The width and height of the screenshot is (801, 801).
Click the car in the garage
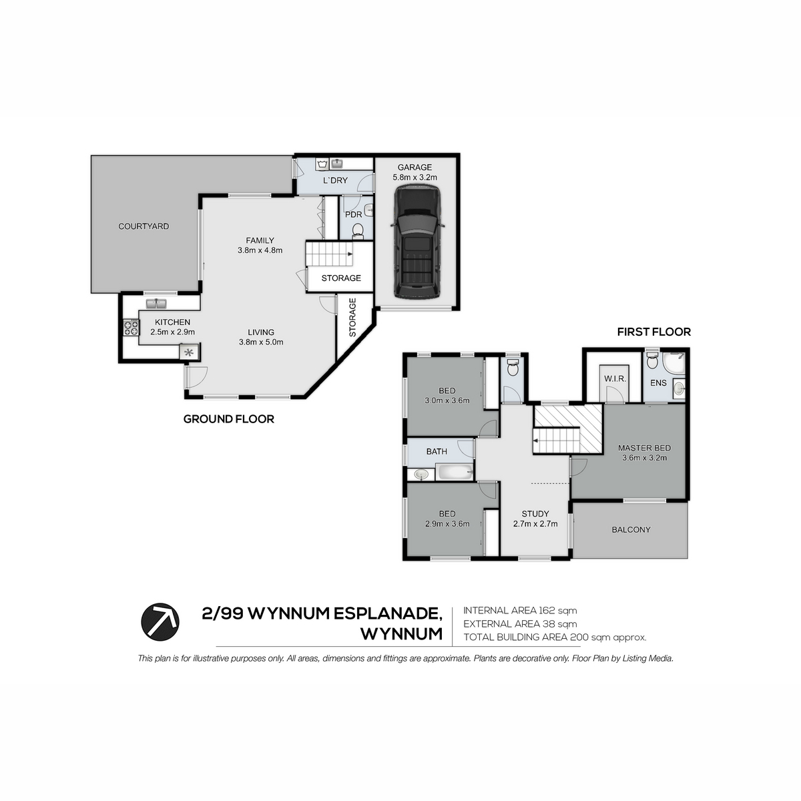pyautogui.click(x=417, y=242)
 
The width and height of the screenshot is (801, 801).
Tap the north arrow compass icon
pyautogui.click(x=160, y=621)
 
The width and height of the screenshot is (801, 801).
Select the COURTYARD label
pyautogui.click(x=144, y=226)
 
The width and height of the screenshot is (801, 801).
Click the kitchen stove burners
pyautogui.click(x=131, y=328)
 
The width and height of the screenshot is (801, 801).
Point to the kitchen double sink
pyautogui.click(x=156, y=304)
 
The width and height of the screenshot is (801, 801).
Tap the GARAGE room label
pyautogui.click(x=415, y=167)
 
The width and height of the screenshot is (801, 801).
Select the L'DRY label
pyautogui.click(x=335, y=180)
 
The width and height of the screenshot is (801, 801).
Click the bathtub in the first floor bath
pyautogui.click(x=455, y=473)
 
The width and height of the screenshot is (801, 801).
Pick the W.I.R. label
pyautogui.click(x=615, y=378)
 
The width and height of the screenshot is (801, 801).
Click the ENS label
pyautogui.click(x=658, y=382)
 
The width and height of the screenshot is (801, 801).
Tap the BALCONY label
pyautogui.click(x=631, y=529)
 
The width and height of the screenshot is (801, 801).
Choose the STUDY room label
pyautogui.click(x=535, y=514)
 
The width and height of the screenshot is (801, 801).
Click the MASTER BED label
pyautogui.click(x=644, y=448)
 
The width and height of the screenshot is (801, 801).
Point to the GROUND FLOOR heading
pyautogui.click(x=229, y=419)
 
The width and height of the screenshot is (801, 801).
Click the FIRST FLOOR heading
pyautogui.click(x=654, y=332)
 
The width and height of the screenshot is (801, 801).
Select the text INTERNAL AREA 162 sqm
pyautogui.click(x=520, y=610)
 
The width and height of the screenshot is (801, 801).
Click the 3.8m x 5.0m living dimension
pyautogui.click(x=261, y=342)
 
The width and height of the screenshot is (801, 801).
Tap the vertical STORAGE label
pyautogui.click(x=352, y=317)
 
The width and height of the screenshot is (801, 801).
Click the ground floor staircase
pyautogui.click(x=329, y=254)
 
